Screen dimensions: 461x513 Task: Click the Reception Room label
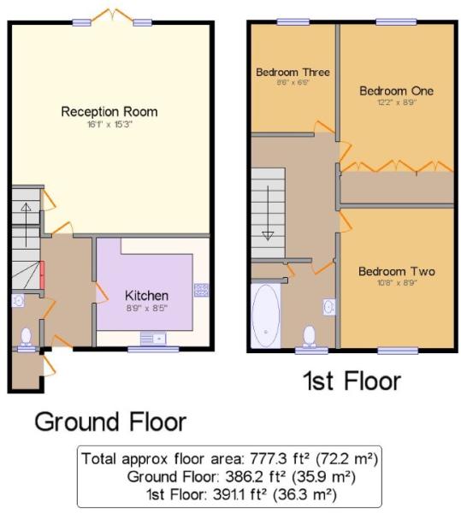point(109,111)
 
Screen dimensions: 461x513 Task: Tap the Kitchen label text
point(146,296)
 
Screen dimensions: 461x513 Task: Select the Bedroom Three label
point(293,72)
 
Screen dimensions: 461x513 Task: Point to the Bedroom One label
point(397,91)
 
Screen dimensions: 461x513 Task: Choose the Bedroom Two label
point(397,271)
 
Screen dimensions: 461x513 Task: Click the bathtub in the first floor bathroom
point(266,315)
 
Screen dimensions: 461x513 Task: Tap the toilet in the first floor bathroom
point(310,336)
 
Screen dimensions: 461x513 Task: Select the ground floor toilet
point(26,338)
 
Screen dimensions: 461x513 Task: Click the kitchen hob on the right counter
point(201,290)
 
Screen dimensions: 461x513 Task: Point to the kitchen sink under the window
point(153,339)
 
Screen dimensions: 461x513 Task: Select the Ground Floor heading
point(110,422)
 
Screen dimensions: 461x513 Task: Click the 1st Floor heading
point(352,380)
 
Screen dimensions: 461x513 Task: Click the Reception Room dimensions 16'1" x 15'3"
point(109,125)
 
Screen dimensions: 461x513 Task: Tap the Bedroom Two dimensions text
point(397,283)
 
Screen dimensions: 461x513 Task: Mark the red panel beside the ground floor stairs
point(42,275)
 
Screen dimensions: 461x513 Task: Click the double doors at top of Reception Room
point(112,15)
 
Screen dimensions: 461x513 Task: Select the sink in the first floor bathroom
point(329,307)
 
